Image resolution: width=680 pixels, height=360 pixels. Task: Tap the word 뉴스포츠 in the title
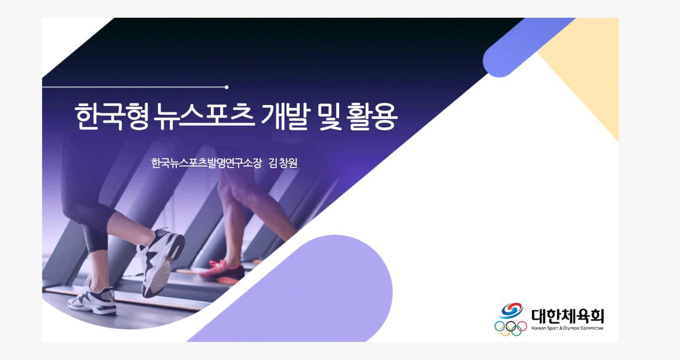click(x=204, y=117)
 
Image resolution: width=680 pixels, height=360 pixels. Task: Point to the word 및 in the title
click(x=330, y=117)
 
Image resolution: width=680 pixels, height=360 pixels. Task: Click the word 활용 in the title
click(x=373, y=117)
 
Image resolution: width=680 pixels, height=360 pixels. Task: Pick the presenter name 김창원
click(x=283, y=163)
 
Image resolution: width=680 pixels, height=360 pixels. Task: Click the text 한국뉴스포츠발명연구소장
click(x=206, y=163)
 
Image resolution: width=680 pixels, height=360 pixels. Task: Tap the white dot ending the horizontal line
click(x=226, y=88)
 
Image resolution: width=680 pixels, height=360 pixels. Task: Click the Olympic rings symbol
click(x=511, y=328)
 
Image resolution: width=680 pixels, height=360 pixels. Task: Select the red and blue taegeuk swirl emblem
click(x=512, y=310)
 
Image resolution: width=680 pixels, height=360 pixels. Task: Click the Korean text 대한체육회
click(x=567, y=316)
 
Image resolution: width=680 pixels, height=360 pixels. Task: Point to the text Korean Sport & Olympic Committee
click(x=567, y=328)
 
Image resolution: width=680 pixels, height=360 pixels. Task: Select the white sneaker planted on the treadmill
click(x=92, y=298)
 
